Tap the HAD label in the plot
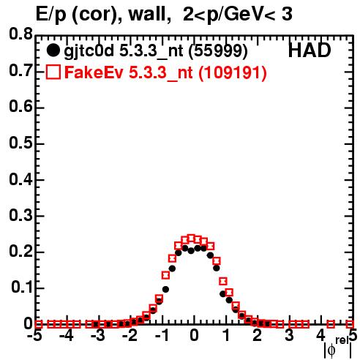310,50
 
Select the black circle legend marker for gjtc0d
53,50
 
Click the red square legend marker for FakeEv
53,72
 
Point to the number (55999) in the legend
218,51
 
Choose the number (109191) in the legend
233,73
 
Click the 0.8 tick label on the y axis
20,34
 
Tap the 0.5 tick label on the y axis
20,143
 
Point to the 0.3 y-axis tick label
20,216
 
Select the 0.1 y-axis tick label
22,288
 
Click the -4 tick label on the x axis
67,336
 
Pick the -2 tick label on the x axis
130,336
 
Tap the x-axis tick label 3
289,336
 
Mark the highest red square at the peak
191,239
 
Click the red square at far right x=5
350,324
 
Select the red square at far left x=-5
39,324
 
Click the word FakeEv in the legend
94,72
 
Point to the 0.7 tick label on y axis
20,70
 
